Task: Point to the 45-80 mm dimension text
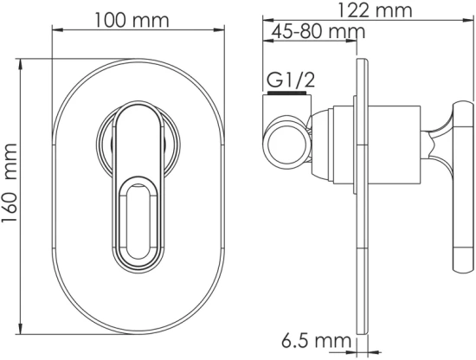pyautogui.click(x=316, y=32)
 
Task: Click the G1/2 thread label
pyautogui.click(x=289, y=80)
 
